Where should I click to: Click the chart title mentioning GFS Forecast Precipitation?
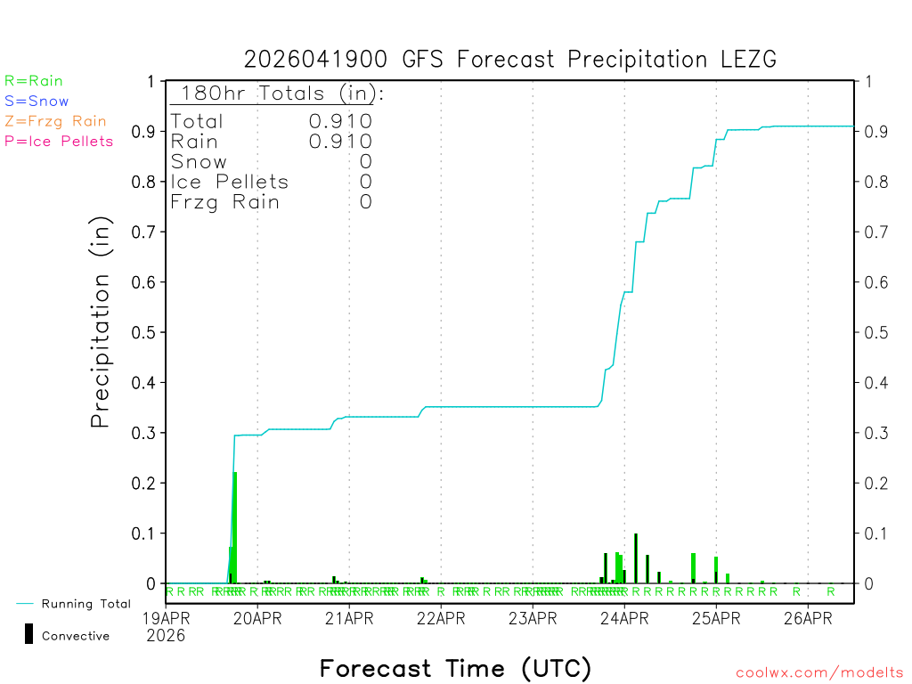pyautogui.click(x=510, y=60)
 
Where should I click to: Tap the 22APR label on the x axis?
pyautogui.click(x=440, y=617)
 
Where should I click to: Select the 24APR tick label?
pyautogui.click(x=623, y=617)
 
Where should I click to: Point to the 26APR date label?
pyautogui.click(x=807, y=617)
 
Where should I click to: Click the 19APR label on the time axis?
pyautogui.click(x=166, y=617)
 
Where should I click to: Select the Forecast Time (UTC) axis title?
pyautogui.click(x=455, y=668)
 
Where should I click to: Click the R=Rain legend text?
pyautogui.click(x=34, y=81)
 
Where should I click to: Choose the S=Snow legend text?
pyautogui.click(x=37, y=102)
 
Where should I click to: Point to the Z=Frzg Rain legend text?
pyautogui.click(x=55, y=121)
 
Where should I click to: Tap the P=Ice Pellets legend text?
pyautogui.click(x=59, y=141)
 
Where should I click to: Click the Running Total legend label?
pyautogui.click(x=85, y=604)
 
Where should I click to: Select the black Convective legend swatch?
pyautogui.click(x=28, y=633)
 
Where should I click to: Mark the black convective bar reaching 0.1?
pyautogui.click(x=635, y=558)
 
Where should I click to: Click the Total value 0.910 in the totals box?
pyautogui.click(x=340, y=121)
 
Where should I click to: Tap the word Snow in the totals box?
pyautogui.click(x=199, y=161)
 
